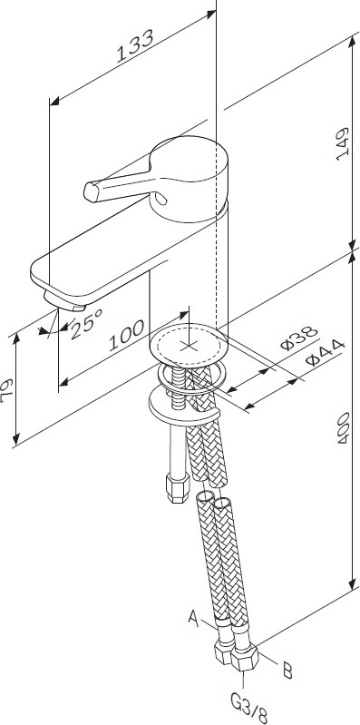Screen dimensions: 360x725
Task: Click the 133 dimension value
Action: (x=135, y=45)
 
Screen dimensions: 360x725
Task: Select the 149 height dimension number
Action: (x=343, y=143)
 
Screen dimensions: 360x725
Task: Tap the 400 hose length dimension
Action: (x=343, y=428)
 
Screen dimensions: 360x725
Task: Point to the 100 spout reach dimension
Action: (x=126, y=335)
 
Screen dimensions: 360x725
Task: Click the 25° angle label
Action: (x=86, y=323)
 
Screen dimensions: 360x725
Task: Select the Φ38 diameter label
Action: (x=299, y=338)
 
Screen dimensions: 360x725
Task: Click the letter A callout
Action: (x=194, y=618)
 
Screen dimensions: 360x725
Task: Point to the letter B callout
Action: (x=287, y=671)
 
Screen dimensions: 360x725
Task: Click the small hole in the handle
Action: (x=160, y=199)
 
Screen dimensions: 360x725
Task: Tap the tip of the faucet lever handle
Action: (x=91, y=191)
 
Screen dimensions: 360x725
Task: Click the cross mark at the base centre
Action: (x=187, y=345)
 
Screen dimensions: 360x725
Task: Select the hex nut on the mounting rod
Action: (x=178, y=488)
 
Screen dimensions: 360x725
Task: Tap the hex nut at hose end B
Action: (x=245, y=657)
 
